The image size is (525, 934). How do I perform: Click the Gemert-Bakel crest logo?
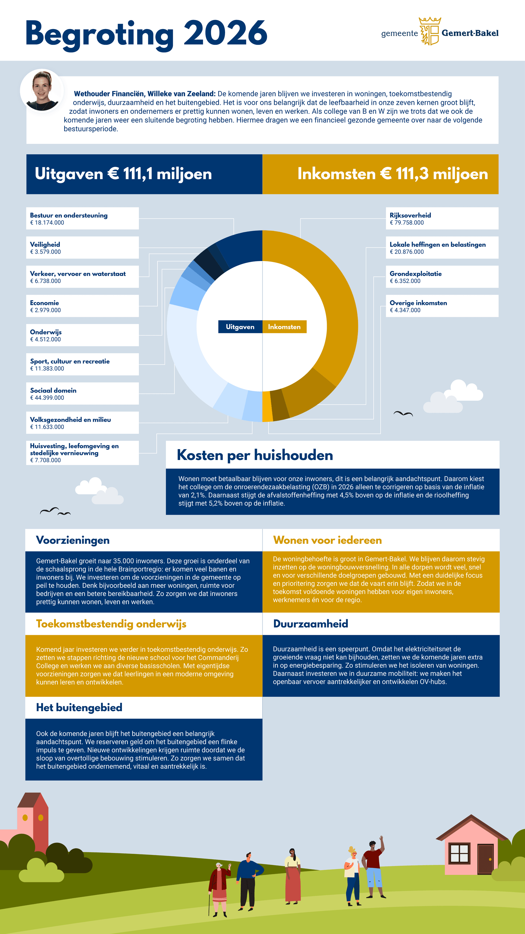tap(430, 31)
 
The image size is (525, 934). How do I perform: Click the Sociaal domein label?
tap(53, 391)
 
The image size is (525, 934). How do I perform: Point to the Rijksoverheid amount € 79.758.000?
tap(407, 223)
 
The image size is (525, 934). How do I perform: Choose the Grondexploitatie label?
tap(416, 274)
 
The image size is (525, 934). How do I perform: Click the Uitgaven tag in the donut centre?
tap(240, 327)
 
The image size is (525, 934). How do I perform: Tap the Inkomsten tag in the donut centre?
tap(284, 327)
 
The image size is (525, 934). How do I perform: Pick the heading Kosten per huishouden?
tap(255, 455)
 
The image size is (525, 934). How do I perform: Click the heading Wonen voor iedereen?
tap(327, 540)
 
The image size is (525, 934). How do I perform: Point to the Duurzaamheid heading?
tap(311, 624)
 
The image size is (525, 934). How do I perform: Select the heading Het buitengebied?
tap(79, 707)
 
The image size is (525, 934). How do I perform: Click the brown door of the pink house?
tap(485, 859)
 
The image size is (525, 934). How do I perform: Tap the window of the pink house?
tap(459, 853)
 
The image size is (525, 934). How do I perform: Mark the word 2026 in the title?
tap(225, 33)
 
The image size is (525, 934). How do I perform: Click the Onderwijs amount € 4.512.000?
tap(45, 339)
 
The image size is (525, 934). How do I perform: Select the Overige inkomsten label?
tap(418, 303)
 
